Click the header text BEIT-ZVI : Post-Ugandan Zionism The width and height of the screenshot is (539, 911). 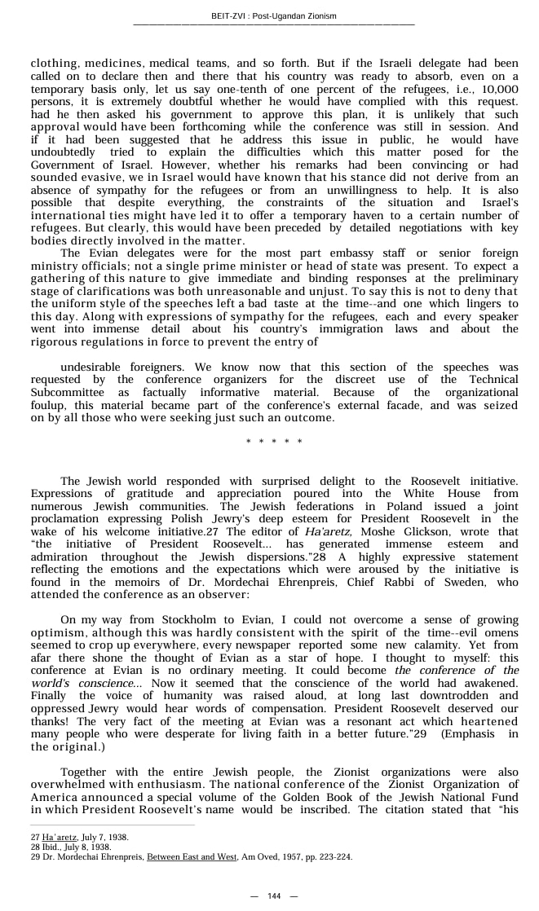pos(273,16)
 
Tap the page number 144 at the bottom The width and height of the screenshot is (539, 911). pos(274,896)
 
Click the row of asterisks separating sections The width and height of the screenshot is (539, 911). pos(274,442)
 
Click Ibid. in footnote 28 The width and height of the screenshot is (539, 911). pos(51,847)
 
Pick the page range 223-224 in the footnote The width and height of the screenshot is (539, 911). pos(334,857)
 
